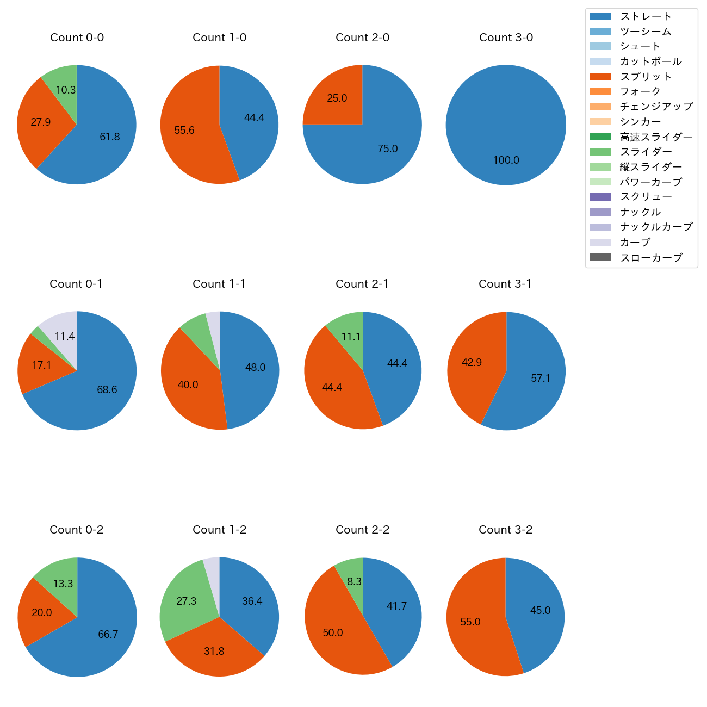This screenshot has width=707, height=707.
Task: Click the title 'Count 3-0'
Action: click(506, 38)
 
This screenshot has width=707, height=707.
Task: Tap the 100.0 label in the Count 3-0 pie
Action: click(506, 160)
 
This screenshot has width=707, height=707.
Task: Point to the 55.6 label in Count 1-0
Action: click(184, 131)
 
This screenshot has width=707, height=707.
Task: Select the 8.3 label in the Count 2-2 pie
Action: click(354, 581)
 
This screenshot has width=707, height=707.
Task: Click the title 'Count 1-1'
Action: click(219, 284)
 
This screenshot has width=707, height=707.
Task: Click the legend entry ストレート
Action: click(646, 16)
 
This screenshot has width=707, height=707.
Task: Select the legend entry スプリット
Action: click(646, 77)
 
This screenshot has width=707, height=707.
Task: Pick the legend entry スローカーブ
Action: click(651, 258)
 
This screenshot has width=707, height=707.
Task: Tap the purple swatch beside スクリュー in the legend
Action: click(600, 197)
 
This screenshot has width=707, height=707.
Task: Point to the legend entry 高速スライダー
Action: click(656, 137)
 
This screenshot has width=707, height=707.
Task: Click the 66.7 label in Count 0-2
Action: click(108, 634)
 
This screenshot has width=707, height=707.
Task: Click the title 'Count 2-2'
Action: click(362, 530)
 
